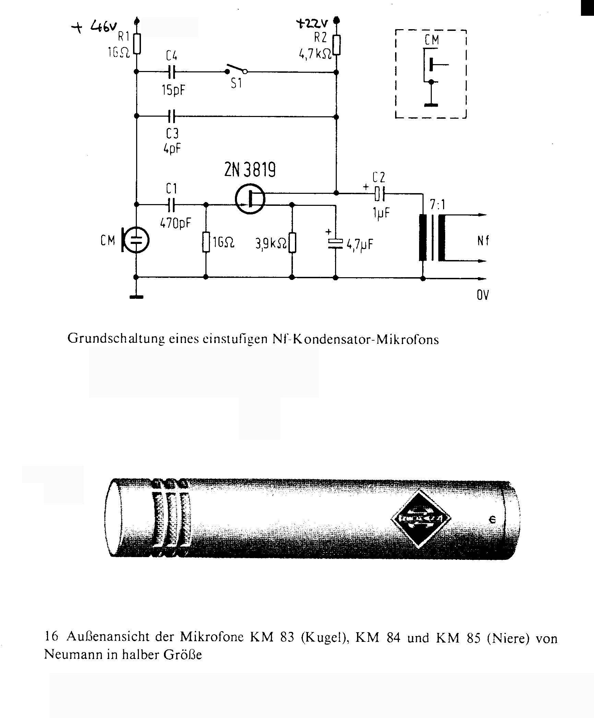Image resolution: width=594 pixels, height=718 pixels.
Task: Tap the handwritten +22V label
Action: tap(312, 24)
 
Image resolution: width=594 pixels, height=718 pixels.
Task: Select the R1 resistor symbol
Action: tap(137, 44)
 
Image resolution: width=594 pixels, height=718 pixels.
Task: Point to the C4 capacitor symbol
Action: tap(172, 72)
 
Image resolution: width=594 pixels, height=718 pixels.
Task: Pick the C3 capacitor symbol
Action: tap(172, 117)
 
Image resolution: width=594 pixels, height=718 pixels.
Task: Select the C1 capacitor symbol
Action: tap(171, 205)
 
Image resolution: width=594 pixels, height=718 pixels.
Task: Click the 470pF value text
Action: tap(175, 223)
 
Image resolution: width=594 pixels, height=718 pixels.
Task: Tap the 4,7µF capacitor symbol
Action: tap(335, 243)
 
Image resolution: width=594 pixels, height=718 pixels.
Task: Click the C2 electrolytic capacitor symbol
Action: tap(380, 194)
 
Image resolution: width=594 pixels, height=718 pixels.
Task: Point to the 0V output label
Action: tap(483, 295)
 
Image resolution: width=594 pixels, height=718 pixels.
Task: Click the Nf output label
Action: tap(483, 241)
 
